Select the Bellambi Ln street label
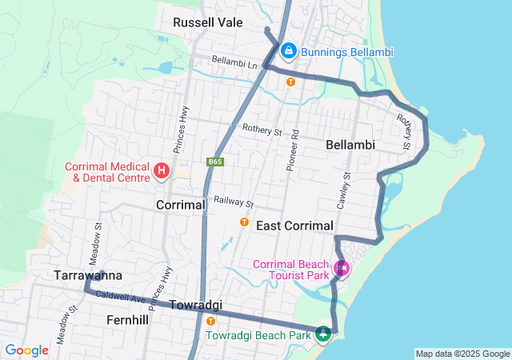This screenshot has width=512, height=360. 234,62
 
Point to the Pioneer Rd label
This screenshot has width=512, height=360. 294,149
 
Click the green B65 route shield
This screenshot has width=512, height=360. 214,162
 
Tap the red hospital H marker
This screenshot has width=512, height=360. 162,170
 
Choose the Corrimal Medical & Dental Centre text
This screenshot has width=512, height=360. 107,172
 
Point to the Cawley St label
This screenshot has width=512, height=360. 345,191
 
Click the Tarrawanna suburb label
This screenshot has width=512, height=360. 87,274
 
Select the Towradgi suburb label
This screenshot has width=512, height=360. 194,305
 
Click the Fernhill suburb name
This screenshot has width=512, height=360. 127,319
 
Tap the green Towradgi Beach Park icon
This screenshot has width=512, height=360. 323,334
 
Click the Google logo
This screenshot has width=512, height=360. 26,350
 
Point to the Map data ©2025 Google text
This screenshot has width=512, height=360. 462,354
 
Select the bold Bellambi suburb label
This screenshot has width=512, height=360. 350,145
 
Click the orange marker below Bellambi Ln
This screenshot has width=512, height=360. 290,81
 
